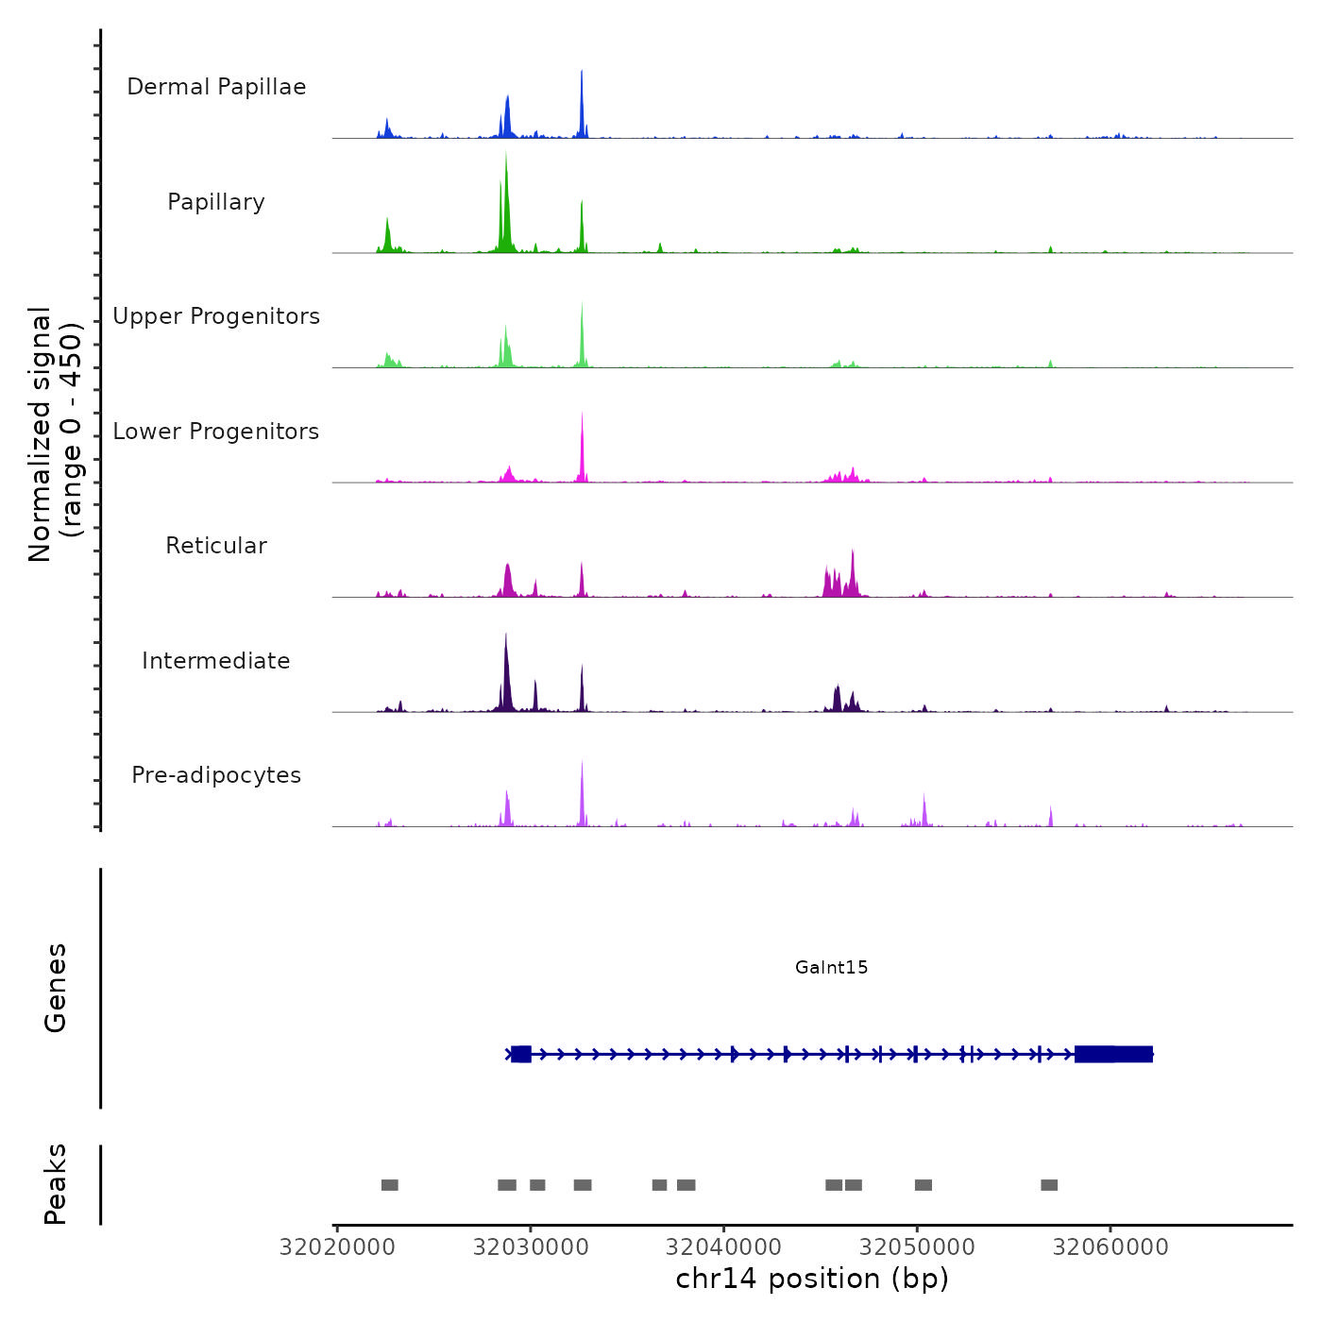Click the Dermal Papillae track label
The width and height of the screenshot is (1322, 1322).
216,87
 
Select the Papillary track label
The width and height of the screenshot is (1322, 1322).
216,202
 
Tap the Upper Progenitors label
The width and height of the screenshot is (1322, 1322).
216,316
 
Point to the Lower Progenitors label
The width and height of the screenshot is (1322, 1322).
216,432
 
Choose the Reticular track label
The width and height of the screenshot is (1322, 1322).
216,546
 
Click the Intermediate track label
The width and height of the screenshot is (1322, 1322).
216,661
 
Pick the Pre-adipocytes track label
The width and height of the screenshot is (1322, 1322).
216,775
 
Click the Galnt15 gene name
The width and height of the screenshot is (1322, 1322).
831,967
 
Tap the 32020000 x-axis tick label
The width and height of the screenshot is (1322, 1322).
337,1247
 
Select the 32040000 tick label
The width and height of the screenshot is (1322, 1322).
723,1247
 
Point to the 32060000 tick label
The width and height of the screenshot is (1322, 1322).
1110,1247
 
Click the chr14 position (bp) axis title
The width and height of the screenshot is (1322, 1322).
812,1279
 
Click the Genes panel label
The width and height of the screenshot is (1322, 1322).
56,988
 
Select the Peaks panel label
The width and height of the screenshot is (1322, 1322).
56,1184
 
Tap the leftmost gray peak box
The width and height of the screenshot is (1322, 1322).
390,1185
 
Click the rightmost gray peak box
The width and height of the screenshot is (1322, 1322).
1049,1185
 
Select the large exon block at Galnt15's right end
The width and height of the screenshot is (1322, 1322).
1113,1054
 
